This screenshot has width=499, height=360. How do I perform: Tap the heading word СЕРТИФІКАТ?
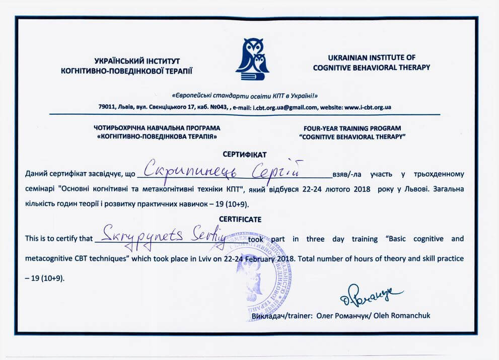coord(244,154)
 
